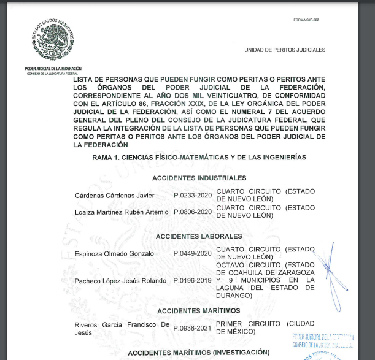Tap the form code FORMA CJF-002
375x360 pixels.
click(x=306, y=20)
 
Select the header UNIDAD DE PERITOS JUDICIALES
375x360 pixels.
click(x=285, y=50)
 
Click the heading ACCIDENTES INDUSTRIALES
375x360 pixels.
click(x=199, y=178)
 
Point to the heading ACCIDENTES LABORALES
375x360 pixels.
click(x=199, y=236)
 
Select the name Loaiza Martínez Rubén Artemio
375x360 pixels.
click(x=122, y=212)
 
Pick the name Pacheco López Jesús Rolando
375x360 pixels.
click(x=121, y=281)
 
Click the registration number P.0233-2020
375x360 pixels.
click(x=193, y=195)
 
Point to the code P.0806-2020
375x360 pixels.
click(x=193, y=212)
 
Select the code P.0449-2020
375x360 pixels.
click(x=193, y=253)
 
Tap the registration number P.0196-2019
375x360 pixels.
click(x=193, y=281)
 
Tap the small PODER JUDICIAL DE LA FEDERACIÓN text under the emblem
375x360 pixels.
click(x=53, y=69)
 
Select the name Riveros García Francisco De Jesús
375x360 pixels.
click(x=121, y=328)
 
